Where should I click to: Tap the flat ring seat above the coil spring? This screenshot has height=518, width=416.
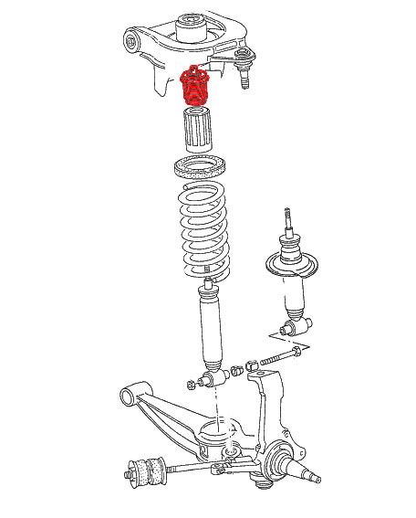202,170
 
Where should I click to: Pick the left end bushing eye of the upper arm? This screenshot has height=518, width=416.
133,41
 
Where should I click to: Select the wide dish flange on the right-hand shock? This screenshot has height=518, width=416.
292,266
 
